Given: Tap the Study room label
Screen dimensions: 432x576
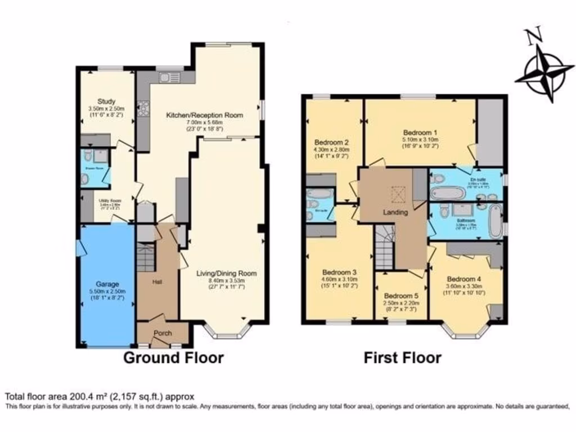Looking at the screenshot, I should [106, 102].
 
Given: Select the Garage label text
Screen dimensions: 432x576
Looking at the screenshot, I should [107, 284].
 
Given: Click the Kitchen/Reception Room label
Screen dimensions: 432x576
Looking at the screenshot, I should [204, 115].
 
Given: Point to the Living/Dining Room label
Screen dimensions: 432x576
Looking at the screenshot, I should [226, 273].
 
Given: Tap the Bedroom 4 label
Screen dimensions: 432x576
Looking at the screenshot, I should [464, 278].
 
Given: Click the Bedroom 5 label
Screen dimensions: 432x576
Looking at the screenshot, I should [402, 296].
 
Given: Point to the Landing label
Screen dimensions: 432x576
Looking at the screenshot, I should [395, 212].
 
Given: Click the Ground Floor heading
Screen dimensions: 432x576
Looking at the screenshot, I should [173, 358].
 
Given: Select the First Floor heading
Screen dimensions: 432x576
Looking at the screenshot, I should [402, 358].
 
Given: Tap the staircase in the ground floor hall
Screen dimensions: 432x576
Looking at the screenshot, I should [145, 256].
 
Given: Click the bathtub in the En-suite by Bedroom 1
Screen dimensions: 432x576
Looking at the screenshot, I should [448, 193].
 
